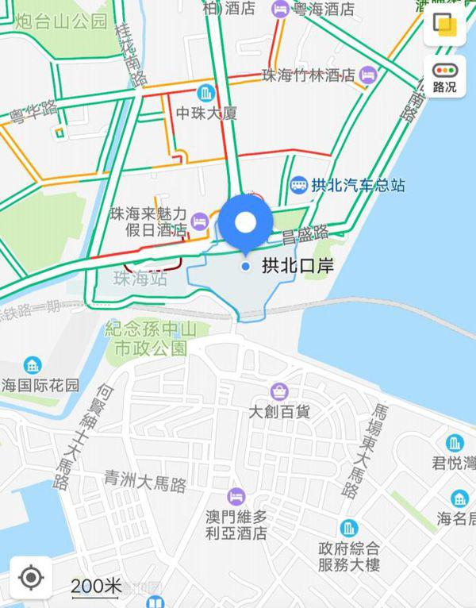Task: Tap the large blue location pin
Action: [x=246, y=223]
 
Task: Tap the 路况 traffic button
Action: [x=444, y=78]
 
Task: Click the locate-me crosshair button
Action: [x=30, y=577]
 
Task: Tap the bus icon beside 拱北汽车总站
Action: [x=298, y=185]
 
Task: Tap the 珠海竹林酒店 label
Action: [x=308, y=75]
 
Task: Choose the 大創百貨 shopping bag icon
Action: [x=279, y=391]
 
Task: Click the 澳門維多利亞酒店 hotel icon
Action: [x=236, y=496]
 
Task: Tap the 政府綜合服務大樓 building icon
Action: [x=349, y=528]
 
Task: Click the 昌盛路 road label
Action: [x=305, y=233]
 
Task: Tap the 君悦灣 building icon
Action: [x=455, y=443]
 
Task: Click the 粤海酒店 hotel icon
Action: [x=280, y=10]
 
